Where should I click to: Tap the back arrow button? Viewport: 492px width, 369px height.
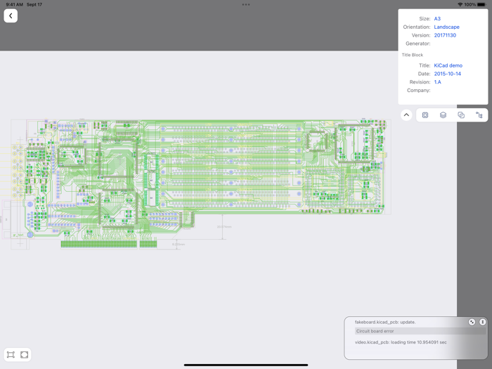pyautogui.click(x=11, y=15)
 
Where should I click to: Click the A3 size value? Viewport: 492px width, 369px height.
pyautogui.click(x=437, y=19)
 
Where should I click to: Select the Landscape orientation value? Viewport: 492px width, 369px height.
pyautogui.click(x=446, y=27)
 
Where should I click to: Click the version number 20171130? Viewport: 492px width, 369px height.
pyautogui.click(x=445, y=35)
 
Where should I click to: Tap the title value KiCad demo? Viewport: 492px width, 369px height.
pyautogui.click(x=448, y=65)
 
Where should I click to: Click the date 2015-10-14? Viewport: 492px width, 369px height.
pyautogui.click(x=447, y=74)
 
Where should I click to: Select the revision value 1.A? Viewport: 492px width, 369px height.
pyautogui.click(x=437, y=82)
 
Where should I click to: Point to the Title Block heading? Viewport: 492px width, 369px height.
pyautogui.click(x=413, y=55)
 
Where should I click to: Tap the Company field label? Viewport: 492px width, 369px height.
pyautogui.click(x=418, y=90)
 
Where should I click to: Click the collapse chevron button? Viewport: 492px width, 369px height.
pyautogui.click(x=406, y=115)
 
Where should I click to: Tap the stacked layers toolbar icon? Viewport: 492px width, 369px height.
pyautogui.click(x=443, y=115)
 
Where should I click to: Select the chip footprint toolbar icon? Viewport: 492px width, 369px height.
pyautogui.click(x=425, y=115)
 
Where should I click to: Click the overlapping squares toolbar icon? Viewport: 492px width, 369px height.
pyautogui.click(x=461, y=115)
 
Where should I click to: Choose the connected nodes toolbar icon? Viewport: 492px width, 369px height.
pyautogui.click(x=479, y=115)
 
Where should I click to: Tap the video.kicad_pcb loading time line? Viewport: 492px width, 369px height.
pyautogui.click(x=401, y=342)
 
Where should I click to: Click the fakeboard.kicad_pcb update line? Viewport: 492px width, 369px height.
pyautogui.click(x=385, y=322)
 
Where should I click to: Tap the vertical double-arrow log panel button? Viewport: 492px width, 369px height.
pyautogui.click(x=482, y=322)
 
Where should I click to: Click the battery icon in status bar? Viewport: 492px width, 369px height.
pyautogui.click(x=481, y=5)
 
